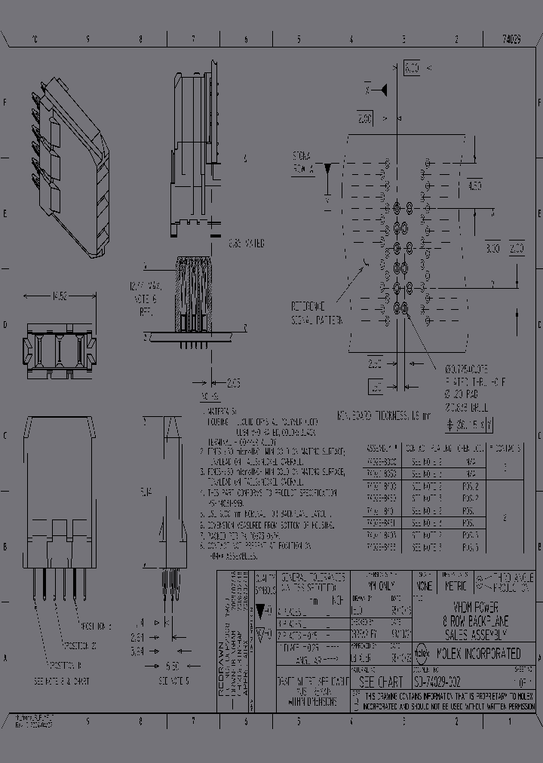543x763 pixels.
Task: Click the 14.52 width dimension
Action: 60,297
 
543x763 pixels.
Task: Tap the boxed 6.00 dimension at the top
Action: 412,68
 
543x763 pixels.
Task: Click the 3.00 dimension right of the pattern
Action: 492,248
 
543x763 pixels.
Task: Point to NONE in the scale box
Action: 424,584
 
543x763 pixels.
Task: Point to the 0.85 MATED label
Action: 246,244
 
